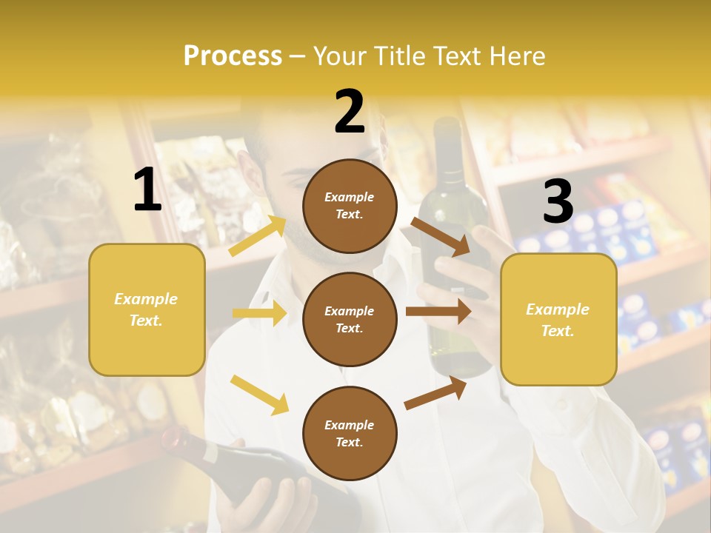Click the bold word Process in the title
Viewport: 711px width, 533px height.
pos(233,56)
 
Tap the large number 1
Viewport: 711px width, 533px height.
pos(147,190)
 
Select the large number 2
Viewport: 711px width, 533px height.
pos(350,112)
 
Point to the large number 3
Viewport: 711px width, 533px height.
pos(558,202)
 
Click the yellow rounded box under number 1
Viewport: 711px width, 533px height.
pos(147,309)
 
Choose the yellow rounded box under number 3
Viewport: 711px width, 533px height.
pos(558,319)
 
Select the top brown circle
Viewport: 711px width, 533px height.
pos(350,206)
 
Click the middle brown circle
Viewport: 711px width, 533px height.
pos(350,319)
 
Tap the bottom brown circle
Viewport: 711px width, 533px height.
pos(350,433)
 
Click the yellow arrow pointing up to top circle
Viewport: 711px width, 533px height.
pos(258,235)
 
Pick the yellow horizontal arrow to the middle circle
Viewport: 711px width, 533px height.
pos(259,313)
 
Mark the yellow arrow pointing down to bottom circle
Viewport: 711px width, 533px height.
pos(260,395)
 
